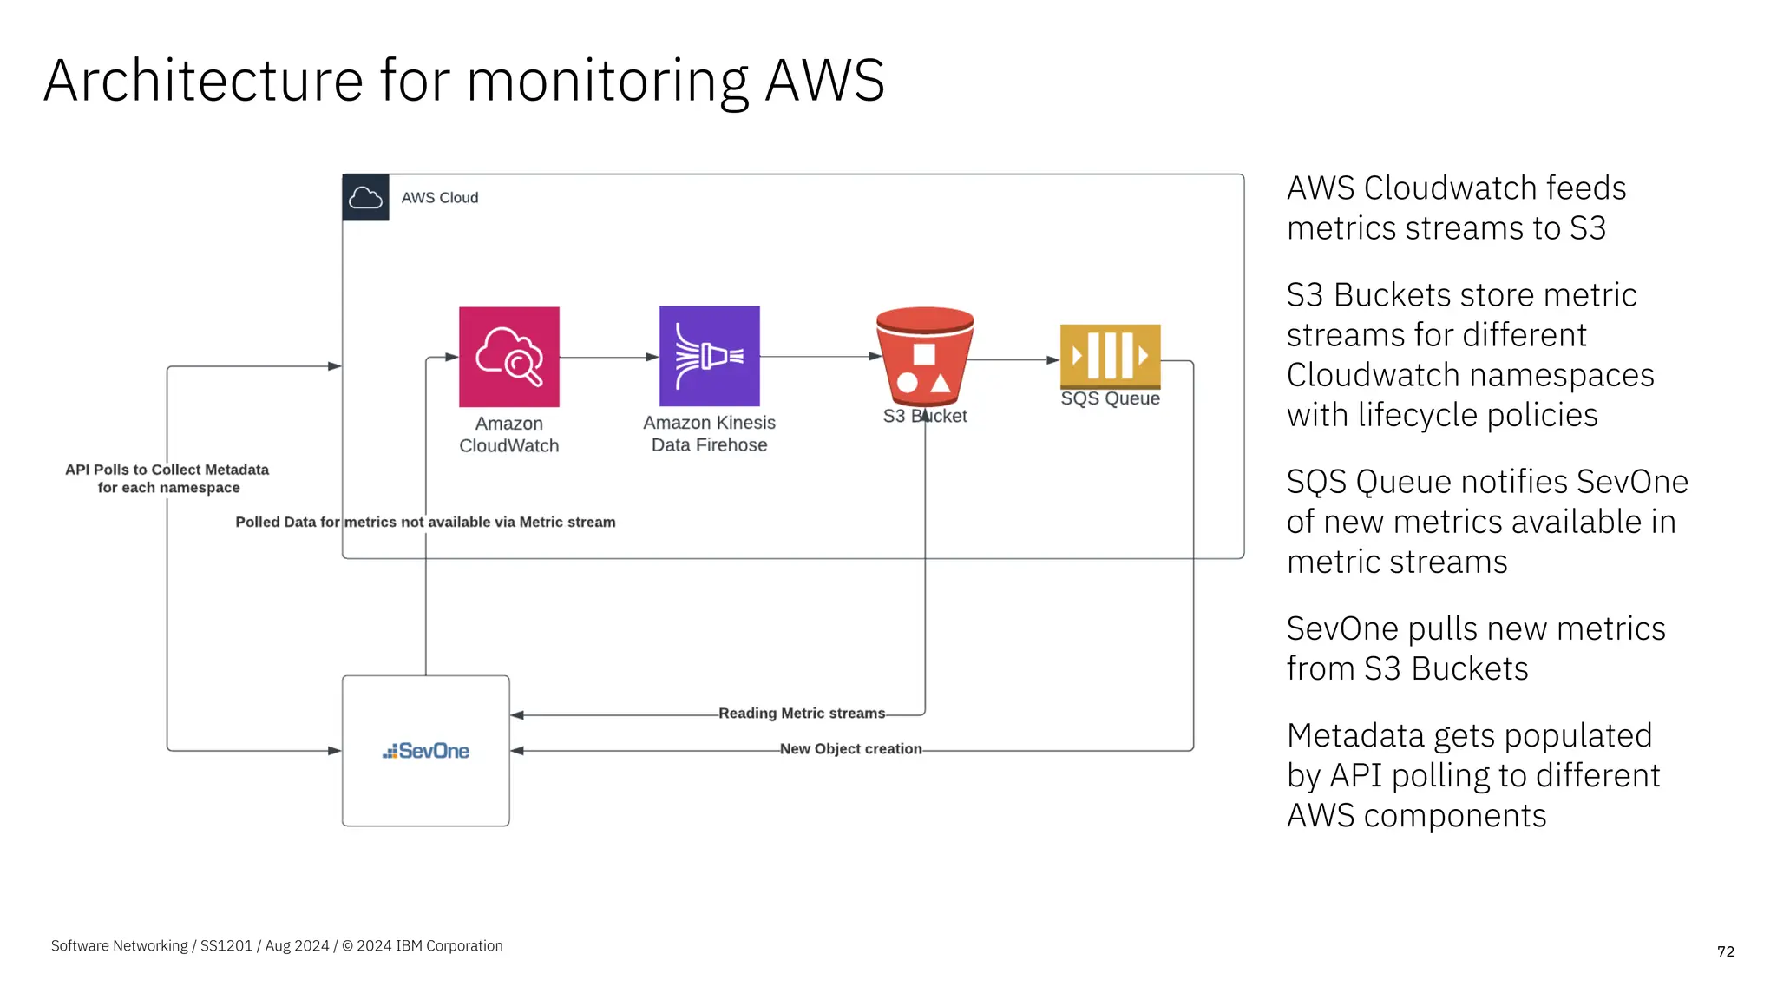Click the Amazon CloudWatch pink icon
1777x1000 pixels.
coord(508,357)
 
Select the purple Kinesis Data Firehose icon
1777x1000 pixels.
coord(709,356)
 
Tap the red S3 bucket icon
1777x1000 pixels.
coord(924,355)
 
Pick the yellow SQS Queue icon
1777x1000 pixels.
coord(1110,355)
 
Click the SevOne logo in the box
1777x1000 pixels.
coord(426,751)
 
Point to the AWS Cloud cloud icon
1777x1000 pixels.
coord(365,198)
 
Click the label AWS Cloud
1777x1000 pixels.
coord(439,198)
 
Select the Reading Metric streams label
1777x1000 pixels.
coord(802,714)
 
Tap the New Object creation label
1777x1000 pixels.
coord(850,749)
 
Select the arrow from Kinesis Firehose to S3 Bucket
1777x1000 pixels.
coord(820,356)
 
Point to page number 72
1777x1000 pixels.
coord(1725,951)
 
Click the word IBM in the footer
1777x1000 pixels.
coord(409,946)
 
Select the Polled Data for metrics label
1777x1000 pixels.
coord(425,523)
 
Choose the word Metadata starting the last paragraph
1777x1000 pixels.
coord(1355,735)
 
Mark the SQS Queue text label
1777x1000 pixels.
coord(1110,398)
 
